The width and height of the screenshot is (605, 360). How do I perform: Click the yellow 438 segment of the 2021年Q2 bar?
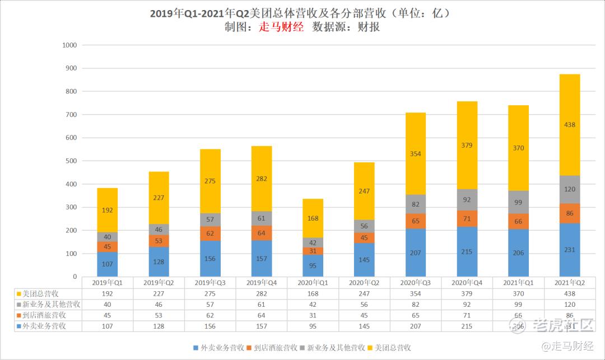pyautogui.click(x=570, y=125)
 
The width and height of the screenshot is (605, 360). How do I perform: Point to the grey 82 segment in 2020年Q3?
pyautogui.click(x=416, y=204)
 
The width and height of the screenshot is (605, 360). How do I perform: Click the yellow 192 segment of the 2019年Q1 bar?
pyautogui.click(x=108, y=211)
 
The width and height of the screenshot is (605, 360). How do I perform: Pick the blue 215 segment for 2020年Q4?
pyautogui.click(x=467, y=251)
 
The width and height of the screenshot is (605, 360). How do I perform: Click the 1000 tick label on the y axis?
pyautogui.click(x=69, y=45)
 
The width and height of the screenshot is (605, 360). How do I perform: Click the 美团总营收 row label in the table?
pyautogui.click(x=45, y=293)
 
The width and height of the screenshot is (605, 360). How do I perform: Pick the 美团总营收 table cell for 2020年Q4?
pyautogui.click(x=467, y=293)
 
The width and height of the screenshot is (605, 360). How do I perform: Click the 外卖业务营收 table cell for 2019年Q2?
pyautogui.click(x=159, y=326)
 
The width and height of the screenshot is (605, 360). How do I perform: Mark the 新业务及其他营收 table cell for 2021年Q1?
pyautogui.click(x=519, y=304)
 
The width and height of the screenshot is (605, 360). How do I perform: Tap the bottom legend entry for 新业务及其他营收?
pyautogui.click(x=333, y=348)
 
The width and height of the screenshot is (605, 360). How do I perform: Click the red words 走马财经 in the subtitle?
pyautogui.click(x=281, y=26)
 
